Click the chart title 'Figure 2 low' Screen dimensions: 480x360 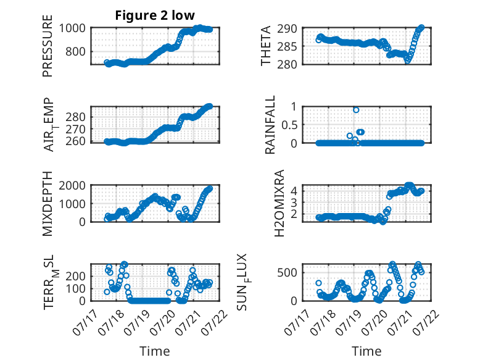155,15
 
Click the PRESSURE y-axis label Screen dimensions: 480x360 48,46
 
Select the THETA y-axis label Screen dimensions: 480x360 266,46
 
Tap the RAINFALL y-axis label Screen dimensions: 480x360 270,125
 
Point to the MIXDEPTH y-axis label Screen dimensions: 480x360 48,204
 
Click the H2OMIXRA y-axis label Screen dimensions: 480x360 279,203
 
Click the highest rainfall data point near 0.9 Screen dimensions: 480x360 356,110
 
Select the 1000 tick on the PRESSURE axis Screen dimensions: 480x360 72,28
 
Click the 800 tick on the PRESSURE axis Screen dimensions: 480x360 76,51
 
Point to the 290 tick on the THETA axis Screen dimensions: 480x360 287,29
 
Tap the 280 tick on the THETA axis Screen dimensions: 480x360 287,64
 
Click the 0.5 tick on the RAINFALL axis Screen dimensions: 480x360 289,125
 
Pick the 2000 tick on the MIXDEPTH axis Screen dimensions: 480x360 72,185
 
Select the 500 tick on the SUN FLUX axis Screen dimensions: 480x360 287,272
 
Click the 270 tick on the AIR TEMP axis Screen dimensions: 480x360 76,129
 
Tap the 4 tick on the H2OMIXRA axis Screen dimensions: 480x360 294,191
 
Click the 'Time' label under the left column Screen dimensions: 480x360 155,351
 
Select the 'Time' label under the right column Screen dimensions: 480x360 366,351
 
